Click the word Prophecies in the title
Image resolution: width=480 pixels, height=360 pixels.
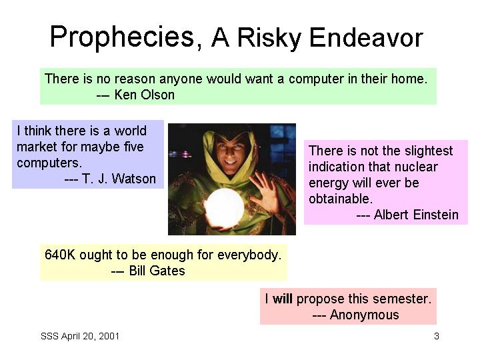click(122, 37)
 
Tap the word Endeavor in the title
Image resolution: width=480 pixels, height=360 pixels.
click(366, 37)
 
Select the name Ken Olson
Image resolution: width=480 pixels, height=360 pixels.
click(144, 95)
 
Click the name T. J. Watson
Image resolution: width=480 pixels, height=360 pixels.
click(119, 179)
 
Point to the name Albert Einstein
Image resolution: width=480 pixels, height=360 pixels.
click(416, 215)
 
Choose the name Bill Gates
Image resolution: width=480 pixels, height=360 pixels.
click(157, 271)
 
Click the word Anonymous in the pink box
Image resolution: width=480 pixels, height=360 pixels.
click(364, 315)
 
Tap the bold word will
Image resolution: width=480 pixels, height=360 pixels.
click(282, 299)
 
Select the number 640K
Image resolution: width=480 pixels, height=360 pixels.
click(60, 255)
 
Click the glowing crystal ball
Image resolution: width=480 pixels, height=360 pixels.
click(224, 209)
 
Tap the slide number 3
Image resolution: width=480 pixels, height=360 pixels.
click(437, 336)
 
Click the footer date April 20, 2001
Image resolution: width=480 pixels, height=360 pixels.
click(90, 336)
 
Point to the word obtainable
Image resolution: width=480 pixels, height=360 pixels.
click(341, 199)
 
